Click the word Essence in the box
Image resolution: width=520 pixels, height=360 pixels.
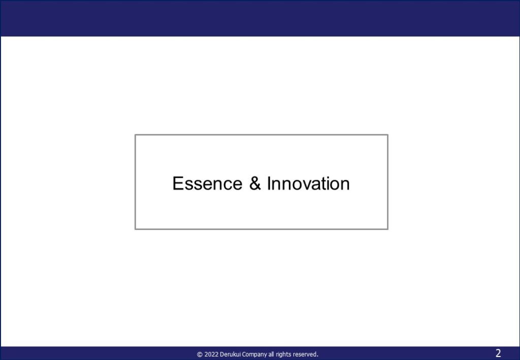208,183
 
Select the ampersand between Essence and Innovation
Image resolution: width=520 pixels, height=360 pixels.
255,183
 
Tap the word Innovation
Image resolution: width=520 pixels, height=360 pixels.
308,183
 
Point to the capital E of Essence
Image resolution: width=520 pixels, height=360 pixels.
178,183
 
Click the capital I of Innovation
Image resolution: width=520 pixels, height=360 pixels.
269,183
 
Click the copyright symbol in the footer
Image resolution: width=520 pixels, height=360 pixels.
200,354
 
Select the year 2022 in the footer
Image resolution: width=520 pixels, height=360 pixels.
212,354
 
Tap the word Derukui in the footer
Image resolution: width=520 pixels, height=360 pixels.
231,354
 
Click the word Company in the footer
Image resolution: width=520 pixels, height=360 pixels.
254,355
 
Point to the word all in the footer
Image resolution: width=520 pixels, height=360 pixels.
271,354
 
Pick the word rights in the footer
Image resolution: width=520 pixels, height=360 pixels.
283,355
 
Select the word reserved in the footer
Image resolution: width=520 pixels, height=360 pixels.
305,354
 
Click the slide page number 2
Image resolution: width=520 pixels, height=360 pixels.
498,353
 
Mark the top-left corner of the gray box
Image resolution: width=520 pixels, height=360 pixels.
135,135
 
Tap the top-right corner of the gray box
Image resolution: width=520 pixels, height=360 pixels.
387,135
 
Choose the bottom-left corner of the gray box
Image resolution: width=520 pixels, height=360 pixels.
135,228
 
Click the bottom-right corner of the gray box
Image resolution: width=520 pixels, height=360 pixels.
387,228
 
